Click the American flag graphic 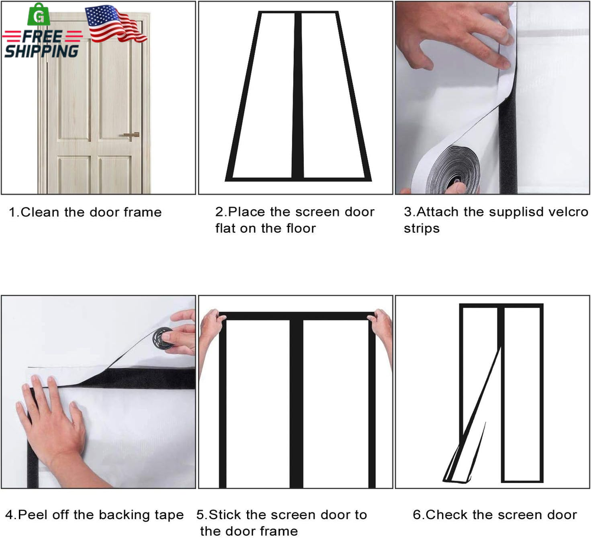(x=115, y=24)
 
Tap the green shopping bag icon (x=39, y=15)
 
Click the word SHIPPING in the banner (x=41, y=51)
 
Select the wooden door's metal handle (x=131, y=135)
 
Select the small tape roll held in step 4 (x=163, y=339)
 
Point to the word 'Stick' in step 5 (x=224, y=515)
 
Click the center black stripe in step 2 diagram (x=298, y=96)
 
